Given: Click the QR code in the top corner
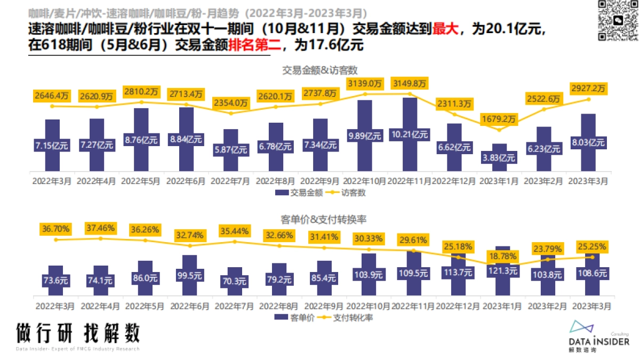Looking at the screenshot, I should coord(618,20).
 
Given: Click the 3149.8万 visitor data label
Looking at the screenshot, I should coord(410,83).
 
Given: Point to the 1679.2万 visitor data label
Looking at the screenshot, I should coord(499,118).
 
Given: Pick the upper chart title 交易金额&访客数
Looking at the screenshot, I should coord(320,70).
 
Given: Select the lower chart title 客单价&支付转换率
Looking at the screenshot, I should coord(320,219).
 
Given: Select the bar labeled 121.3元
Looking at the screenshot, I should coord(499,271).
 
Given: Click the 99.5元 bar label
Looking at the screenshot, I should coord(186,276).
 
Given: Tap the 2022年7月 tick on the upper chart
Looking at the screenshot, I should coord(230,181).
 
